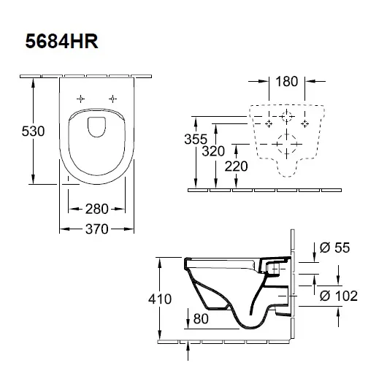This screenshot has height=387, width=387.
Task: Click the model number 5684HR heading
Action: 62,41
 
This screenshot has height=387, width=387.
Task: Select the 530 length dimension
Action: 33,131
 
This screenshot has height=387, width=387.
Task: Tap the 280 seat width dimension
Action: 96,209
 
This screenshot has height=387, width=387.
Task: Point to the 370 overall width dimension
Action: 96,229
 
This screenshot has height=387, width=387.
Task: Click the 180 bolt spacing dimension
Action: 286,82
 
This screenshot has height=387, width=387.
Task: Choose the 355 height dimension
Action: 196,139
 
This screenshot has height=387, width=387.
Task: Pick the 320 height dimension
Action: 213,151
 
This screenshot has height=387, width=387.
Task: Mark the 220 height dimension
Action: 236,166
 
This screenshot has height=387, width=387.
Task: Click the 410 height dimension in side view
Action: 160,299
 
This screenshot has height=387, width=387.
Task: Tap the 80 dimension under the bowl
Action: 201,319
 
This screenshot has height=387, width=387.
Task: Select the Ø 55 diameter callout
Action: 334,248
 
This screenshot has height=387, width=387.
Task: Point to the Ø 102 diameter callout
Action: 339,296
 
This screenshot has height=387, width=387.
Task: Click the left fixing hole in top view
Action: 80,99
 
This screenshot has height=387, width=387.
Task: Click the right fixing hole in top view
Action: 112,99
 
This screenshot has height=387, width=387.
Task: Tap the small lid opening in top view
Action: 96,127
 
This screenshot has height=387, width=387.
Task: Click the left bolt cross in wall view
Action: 269,123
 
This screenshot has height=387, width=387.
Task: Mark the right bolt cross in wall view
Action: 304,123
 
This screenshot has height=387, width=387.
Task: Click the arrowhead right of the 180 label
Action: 310,81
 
